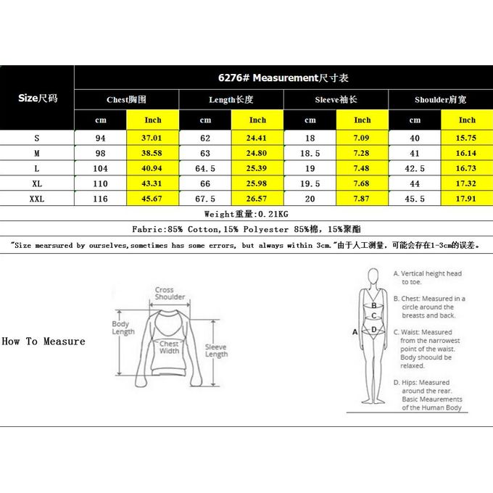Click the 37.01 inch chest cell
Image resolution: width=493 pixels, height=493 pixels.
pos(153,138)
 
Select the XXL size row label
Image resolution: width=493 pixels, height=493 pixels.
pos(36,197)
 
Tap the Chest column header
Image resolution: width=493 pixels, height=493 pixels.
pos(126,100)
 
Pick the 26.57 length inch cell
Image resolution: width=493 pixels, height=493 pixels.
pos(257,197)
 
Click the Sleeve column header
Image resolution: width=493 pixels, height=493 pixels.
pos(336,100)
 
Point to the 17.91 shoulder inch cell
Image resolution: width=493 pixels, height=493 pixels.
pos(467,197)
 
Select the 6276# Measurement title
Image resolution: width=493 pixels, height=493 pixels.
pos(283,78)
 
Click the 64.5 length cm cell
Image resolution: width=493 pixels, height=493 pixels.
pos(205,167)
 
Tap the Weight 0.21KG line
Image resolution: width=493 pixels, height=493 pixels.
pos(246,214)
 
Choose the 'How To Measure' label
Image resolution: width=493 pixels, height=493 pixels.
pos(43,341)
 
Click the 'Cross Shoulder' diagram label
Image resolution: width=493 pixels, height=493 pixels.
pos(170,294)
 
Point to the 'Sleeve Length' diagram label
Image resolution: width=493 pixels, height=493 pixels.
pos(216,351)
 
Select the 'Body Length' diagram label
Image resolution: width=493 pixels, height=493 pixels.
pos(123,328)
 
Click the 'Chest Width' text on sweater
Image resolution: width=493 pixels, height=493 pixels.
pos(169,347)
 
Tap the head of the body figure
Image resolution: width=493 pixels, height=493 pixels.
pos(373,277)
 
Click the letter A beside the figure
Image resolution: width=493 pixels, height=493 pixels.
pos(355,331)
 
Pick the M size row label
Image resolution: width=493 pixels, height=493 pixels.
pos(36,153)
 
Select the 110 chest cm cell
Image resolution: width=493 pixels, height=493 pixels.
pos(101,183)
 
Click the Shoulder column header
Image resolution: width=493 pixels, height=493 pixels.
pos(440,100)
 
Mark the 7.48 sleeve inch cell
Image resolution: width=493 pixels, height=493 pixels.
pos(362,167)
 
